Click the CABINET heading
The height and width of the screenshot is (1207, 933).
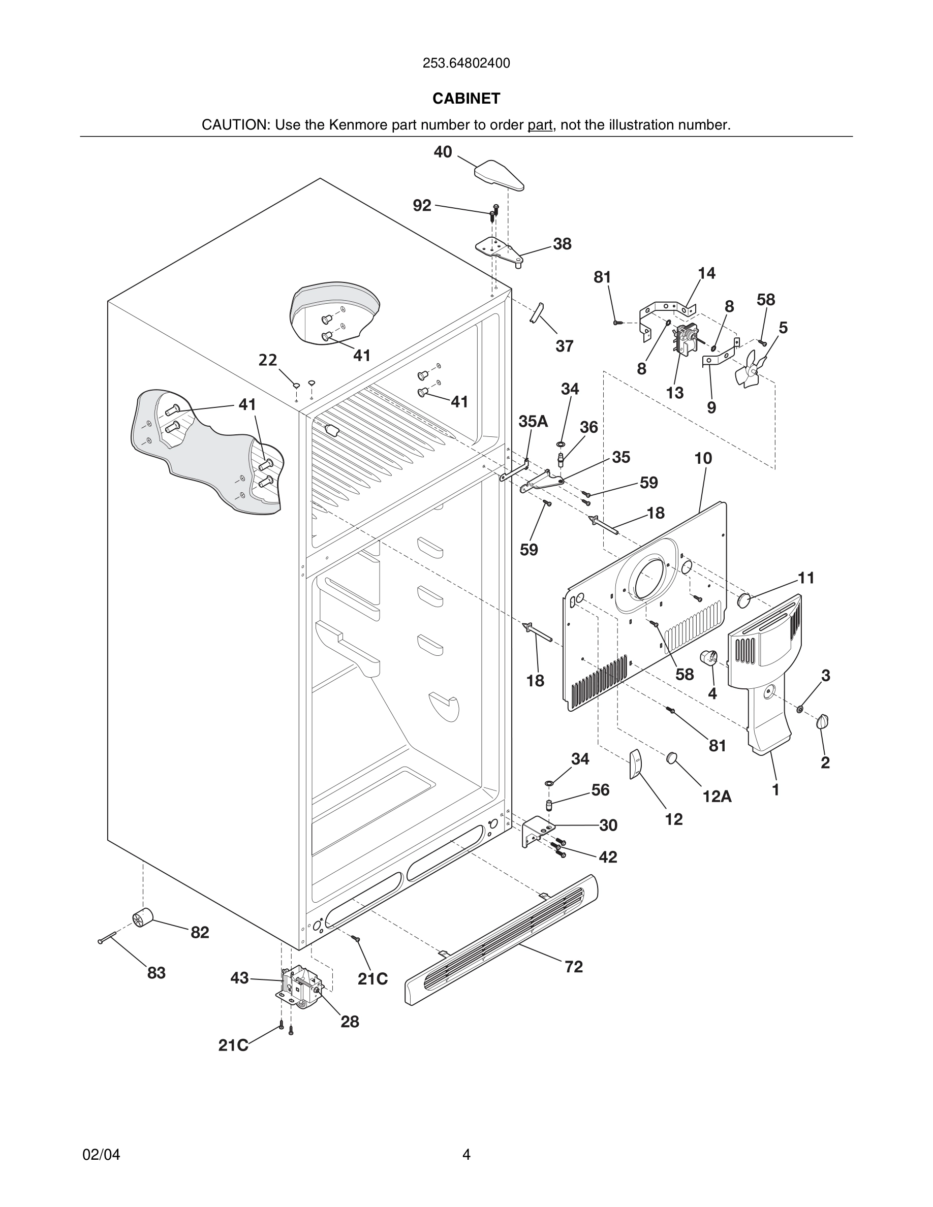tap(466, 99)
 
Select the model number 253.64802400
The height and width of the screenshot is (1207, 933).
tap(466, 63)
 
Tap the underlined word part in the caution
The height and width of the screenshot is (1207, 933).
tap(540, 125)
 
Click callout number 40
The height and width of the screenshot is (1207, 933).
tap(443, 152)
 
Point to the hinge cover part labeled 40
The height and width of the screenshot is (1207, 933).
tap(499, 175)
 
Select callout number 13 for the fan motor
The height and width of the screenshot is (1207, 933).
tap(675, 393)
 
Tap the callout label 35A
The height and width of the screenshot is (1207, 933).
tap(534, 422)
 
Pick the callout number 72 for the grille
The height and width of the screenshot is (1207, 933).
tap(574, 967)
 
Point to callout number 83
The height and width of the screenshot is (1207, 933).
tap(157, 973)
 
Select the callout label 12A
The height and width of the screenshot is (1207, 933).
tap(717, 797)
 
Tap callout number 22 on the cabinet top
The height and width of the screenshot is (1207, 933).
tap(268, 360)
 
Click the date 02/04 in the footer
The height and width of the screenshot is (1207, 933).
tap(101, 1155)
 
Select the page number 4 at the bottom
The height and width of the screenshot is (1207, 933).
tap(466, 1155)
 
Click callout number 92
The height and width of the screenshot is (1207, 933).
tap(422, 206)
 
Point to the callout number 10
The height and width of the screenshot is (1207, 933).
tap(703, 458)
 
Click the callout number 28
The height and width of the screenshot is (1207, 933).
tap(350, 1022)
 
